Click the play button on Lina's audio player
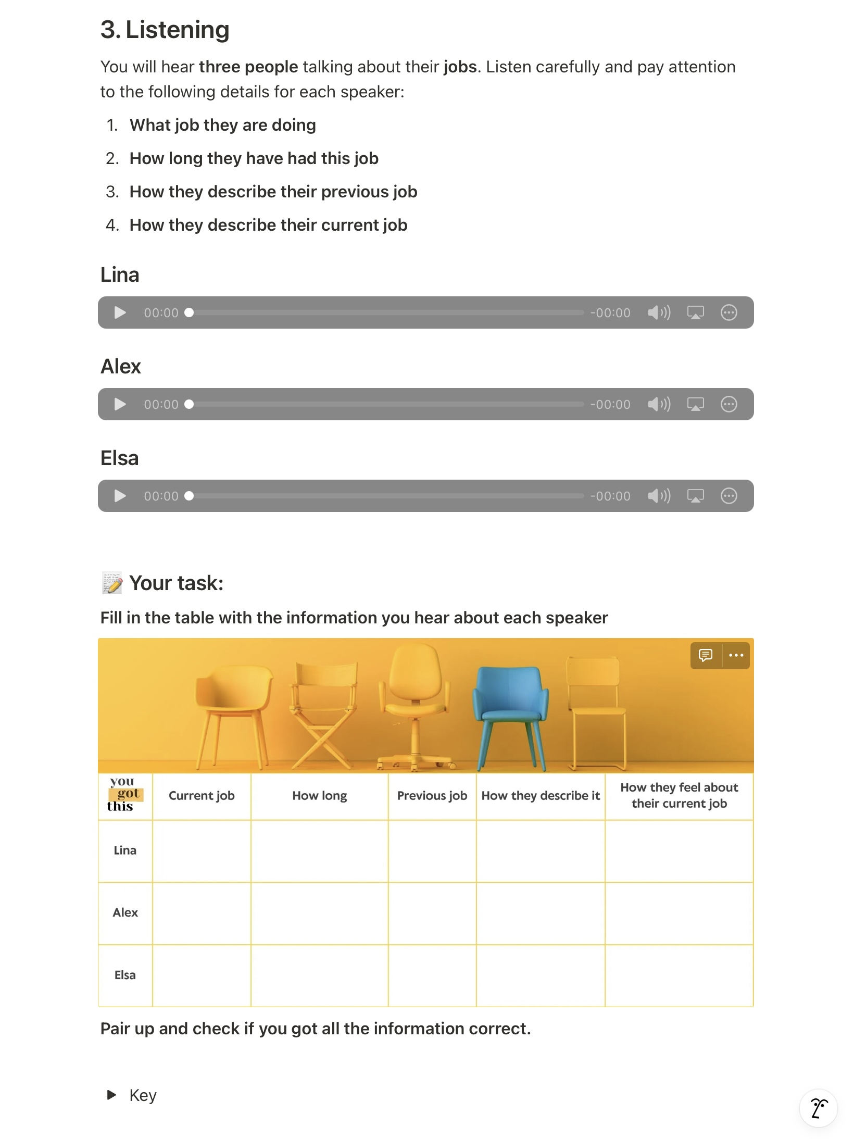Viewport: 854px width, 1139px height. [x=120, y=312]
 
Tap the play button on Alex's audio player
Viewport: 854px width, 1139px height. [x=120, y=404]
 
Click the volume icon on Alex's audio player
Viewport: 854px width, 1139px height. [x=659, y=404]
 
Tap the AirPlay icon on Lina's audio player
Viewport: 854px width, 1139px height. [x=695, y=312]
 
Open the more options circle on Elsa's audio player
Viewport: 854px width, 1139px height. [x=729, y=496]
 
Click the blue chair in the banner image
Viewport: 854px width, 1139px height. [x=510, y=708]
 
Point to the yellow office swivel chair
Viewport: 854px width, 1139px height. [x=415, y=703]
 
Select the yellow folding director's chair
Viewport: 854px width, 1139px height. [x=324, y=714]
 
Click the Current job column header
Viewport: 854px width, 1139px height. [x=202, y=796]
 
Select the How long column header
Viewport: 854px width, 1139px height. [x=319, y=796]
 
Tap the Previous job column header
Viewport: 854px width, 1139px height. [x=432, y=796]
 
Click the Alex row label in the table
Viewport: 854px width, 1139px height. [x=125, y=912]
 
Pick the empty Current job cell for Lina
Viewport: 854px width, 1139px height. [x=202, y=851]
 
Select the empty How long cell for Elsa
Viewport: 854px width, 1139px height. [x=319, y=975]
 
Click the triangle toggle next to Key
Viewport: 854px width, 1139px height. [x=111, y=1095]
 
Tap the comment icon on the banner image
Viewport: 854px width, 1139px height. [x=706, y=655]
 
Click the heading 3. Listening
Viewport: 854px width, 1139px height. [x=165, y=30]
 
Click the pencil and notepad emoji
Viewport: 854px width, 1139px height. [x=112, y=583]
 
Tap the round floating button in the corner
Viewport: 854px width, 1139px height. [x=819, y=1108]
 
